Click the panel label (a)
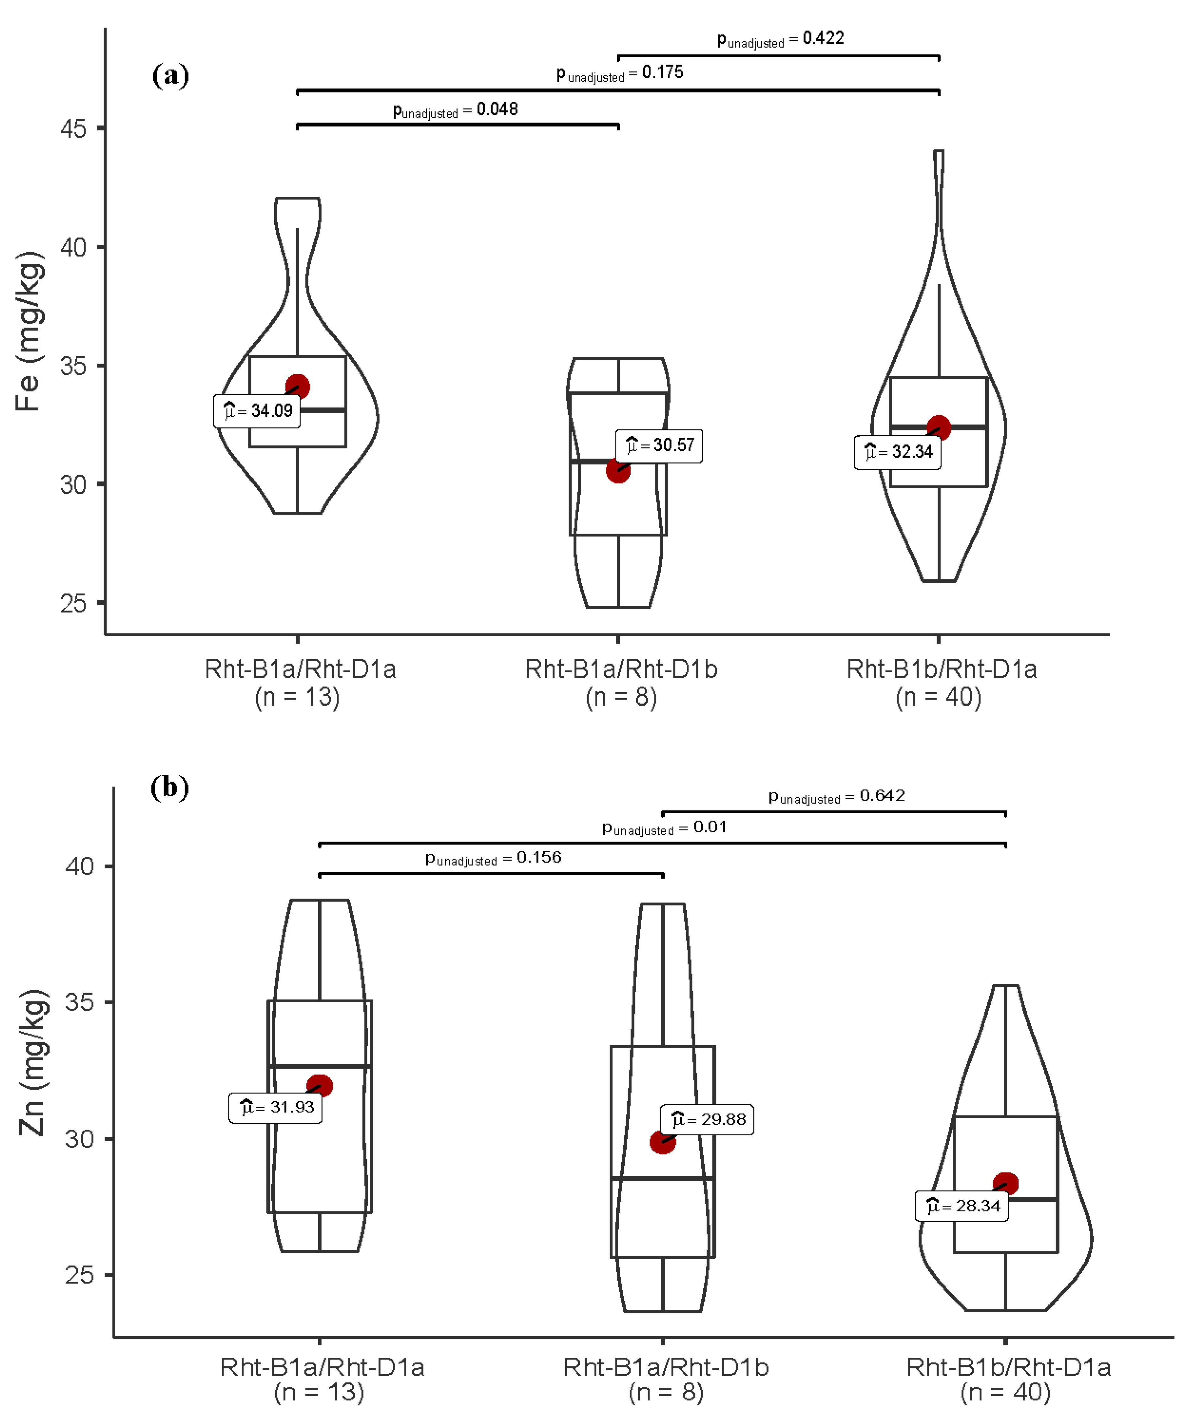(170, 75)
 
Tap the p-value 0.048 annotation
(455, 110)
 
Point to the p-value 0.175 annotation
(619, 73)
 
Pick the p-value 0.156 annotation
(493, 858)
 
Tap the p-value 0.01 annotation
(664, 828)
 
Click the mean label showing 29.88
(707, 1119)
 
